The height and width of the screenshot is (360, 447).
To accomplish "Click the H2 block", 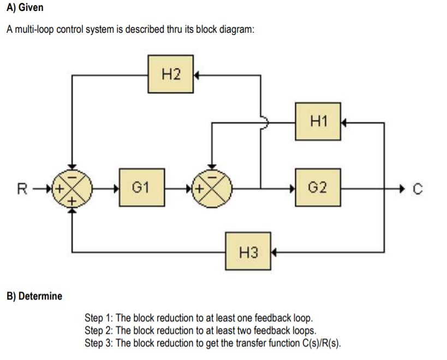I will (x=171, y=74).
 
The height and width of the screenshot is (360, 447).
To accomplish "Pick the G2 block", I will (x=318, y=188).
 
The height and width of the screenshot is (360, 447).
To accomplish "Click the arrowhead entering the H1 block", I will (x=343, y=123).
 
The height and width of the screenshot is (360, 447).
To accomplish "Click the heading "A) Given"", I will (x=25, y=9).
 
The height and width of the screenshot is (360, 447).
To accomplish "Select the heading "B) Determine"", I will (x=34, y=296).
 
